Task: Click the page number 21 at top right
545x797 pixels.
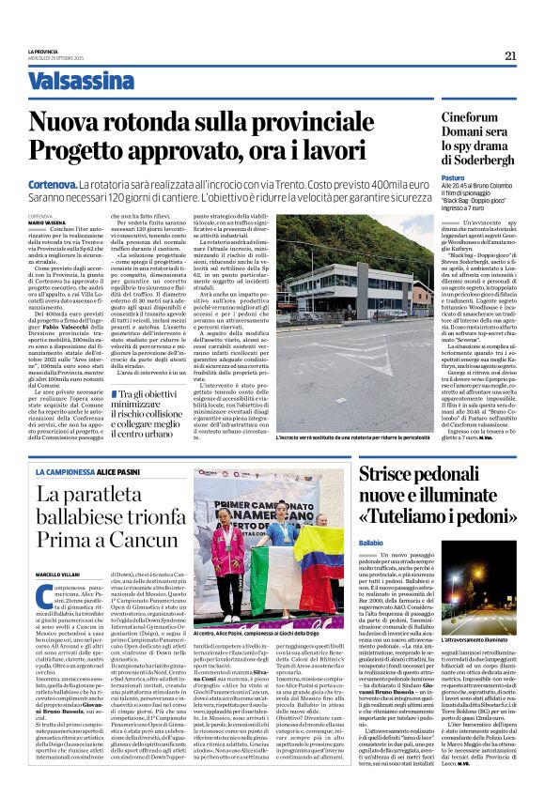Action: [510, 55]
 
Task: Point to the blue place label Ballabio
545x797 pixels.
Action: [370, 543]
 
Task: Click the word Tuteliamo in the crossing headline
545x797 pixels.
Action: [400, 517]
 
